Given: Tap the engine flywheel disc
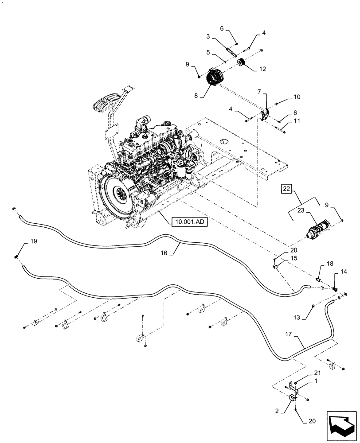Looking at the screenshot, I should point(118,194).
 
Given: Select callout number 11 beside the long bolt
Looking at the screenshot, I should point(297,120).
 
